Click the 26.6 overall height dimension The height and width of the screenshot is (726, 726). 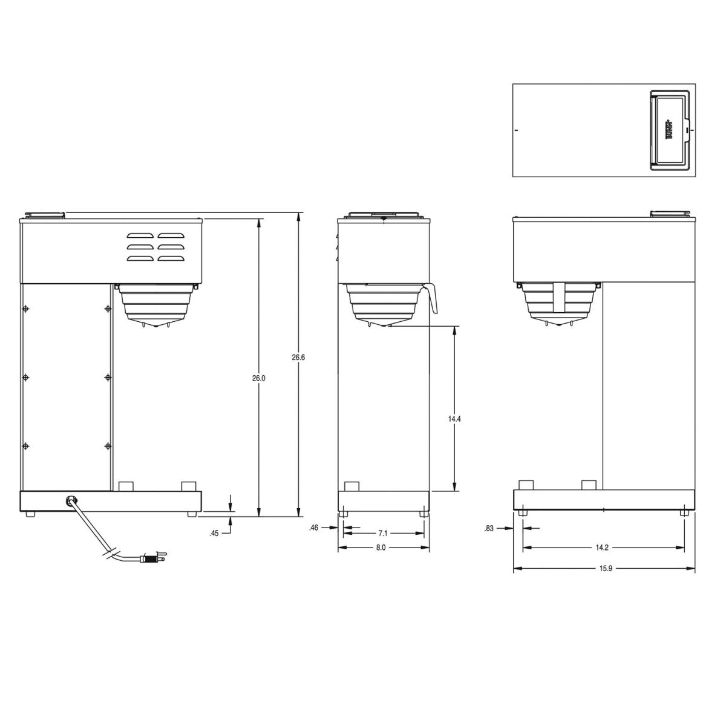click(x=298, y=358)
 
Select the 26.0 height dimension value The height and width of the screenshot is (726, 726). click(x=258, y=378)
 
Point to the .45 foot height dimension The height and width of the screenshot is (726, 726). click(x=214, y=533)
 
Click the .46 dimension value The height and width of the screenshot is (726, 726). click(x=313, y=528)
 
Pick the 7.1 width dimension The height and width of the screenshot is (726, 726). click(x=382, y=533)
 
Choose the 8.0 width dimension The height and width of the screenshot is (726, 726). click(x=381, y=548)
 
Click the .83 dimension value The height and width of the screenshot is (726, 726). click(x=489, y=528)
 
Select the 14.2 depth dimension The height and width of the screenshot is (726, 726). click(x=601, y=548)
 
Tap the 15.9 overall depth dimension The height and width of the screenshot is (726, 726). click(x=603, y=569)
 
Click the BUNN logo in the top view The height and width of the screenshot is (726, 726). click(x=670, y=129)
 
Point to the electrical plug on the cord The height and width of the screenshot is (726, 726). click(x=153, y=558)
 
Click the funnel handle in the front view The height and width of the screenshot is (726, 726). click(x=433, y=298)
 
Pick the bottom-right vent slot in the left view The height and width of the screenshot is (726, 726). click(x=171, y=258)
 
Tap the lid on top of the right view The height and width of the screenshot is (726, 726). click(x=669, y=213)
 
